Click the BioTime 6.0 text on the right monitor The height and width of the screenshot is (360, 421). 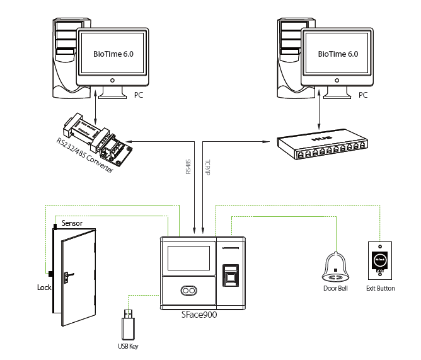point(338,54)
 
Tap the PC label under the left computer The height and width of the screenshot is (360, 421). point(140,95)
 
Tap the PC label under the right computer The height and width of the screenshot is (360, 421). point(363,95)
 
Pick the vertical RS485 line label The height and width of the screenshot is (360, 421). point(187,166)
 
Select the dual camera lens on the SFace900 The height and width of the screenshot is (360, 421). point(187,291)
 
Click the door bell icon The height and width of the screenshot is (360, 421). point(336,268)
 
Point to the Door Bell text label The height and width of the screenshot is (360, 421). point(335,289)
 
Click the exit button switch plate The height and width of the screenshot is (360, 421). point(380,260)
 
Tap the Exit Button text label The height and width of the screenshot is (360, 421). point(380,289)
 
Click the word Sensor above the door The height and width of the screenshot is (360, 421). point(72,224)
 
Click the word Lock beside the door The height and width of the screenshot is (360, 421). point(44,287)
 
